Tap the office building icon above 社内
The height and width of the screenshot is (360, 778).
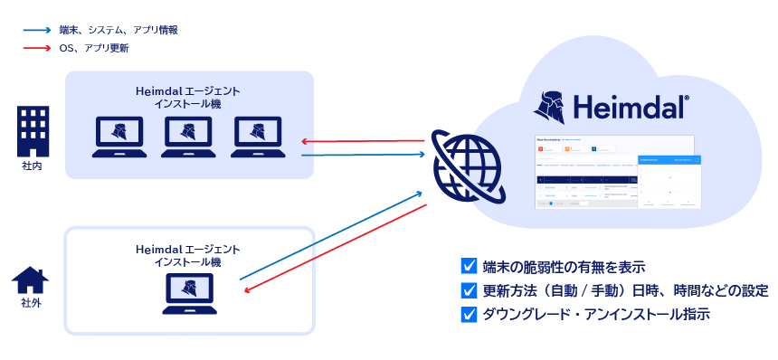[33, 131]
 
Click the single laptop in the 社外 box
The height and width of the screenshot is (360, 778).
[188, 293]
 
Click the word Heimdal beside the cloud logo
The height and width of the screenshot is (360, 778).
[632, 107]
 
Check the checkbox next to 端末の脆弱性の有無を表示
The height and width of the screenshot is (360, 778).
[469, 266]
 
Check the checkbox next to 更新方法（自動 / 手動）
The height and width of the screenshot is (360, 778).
[469, 290]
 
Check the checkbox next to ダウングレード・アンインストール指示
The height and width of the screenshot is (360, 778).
[469, 315]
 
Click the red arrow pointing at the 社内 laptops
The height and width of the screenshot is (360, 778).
[362, 141]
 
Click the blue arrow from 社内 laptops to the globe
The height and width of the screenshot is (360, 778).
[362, 155]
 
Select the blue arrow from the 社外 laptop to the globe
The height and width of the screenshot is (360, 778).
[330, 235]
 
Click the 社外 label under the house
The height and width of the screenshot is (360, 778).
[31, 303]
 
